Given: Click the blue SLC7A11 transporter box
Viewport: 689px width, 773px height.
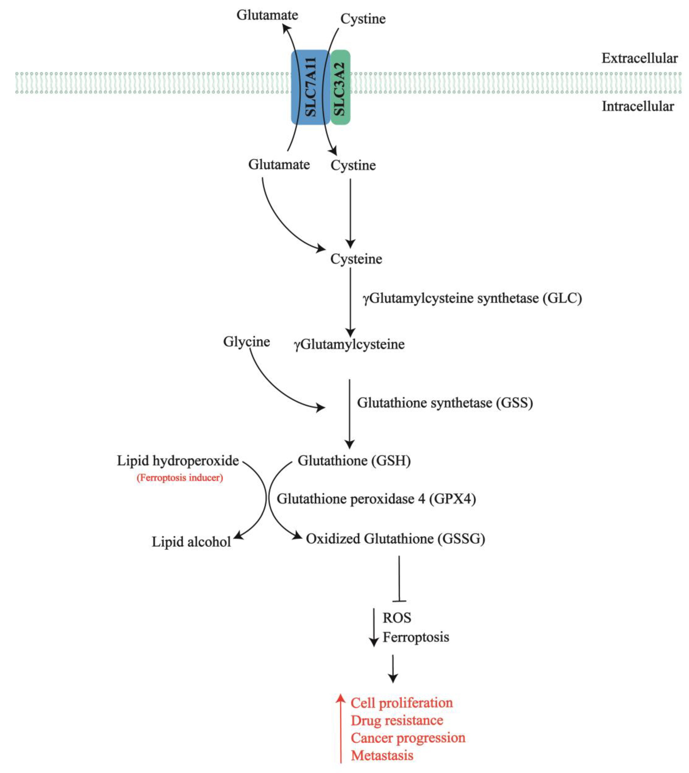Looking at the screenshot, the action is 310,87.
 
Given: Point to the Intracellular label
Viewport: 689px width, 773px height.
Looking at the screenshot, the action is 638,106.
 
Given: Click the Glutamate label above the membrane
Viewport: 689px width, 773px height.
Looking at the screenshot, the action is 267,15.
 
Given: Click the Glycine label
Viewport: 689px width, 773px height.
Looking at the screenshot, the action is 247,342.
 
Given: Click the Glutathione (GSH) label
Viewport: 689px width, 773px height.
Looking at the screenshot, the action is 354,461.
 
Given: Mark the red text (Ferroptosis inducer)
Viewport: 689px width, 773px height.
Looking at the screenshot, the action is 180,478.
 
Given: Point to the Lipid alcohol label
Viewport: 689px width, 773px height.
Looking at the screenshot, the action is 191,542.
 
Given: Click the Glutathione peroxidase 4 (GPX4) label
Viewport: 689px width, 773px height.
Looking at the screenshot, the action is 376,499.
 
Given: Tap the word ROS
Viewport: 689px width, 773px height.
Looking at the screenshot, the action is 397,618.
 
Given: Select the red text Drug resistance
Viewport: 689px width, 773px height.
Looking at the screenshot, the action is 397,720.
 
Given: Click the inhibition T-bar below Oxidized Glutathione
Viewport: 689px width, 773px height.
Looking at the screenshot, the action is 399,579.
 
